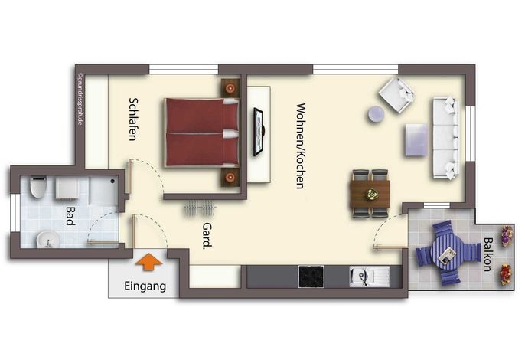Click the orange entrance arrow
[x=148, y=261]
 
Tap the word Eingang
[x=145, y=286]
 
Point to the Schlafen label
[x=133, y=119]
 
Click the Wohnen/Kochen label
[x=301, y=146]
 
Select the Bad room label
[x=70, y=215]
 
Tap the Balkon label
[x=487, y=254]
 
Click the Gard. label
[x=207, y=236]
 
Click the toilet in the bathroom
[x=37, y=187]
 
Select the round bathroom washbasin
[x=48, y=239]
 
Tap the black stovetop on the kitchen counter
[x=311, y=277]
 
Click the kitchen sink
[x=370, y=277]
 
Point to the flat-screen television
[x=259, y=132]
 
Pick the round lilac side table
[x=376, y=114]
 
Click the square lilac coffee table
[x=416, y=139]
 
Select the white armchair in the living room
[x=396, y=95]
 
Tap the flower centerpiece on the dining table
[x=371, y=195]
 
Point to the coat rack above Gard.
[x=201, y=207]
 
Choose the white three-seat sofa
[x=445, y=137]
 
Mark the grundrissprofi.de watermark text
[x=80, y=100]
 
